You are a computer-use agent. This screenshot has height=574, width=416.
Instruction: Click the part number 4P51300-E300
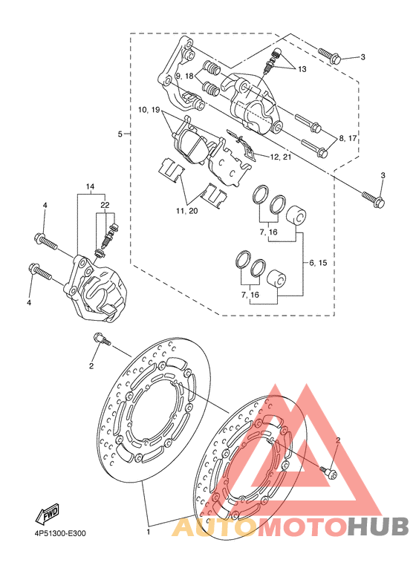pos(58,533)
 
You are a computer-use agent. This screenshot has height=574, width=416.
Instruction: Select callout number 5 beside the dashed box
pos(120,134)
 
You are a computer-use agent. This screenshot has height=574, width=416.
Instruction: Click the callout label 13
pos(302,69)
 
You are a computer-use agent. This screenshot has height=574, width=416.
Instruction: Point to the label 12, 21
pos(281,157)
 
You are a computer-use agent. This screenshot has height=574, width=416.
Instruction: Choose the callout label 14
pos(90,186)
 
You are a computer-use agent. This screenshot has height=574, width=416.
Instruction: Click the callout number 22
pos(105,206)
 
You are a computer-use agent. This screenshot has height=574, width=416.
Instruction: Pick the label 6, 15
pos(318,262)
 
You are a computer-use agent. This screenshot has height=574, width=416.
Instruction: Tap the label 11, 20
pos(186,211)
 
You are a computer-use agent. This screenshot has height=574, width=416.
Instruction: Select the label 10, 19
pos(149,109)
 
